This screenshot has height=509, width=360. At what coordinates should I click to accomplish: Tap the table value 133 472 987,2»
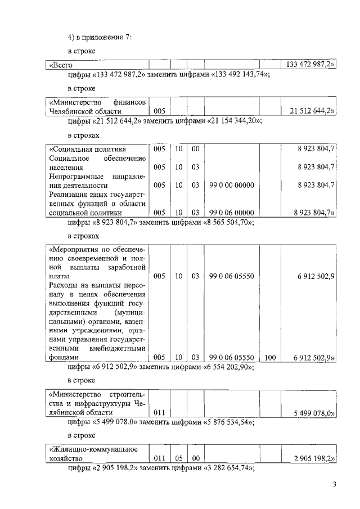310,65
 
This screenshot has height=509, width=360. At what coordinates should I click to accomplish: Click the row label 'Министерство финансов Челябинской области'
97,107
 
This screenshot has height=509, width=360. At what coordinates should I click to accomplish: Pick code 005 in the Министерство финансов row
159,111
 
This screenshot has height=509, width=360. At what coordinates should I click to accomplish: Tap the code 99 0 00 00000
231,185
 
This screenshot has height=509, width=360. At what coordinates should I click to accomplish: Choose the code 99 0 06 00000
231,213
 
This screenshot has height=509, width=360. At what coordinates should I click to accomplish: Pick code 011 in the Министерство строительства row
159,413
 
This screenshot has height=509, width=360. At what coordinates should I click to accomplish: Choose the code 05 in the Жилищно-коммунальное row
178,458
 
